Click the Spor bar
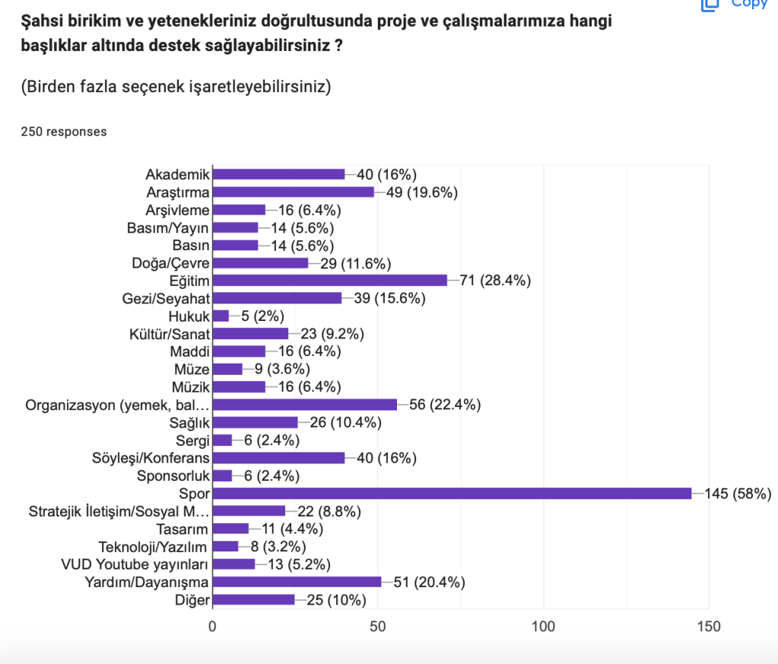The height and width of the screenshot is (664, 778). click(452, 494)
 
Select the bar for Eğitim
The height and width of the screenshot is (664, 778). click(330, 281)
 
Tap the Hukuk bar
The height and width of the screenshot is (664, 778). click(221, 316)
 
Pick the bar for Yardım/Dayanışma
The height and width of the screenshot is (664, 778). click(297, 582)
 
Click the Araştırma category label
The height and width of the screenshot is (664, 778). click(178, 192)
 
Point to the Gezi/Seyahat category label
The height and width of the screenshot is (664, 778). click(167, 298)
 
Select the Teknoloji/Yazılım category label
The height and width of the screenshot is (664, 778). click(154, 546)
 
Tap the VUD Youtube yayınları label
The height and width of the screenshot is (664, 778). click(135, 564)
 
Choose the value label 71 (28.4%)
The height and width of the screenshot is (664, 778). click(495, 281)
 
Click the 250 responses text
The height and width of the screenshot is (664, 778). click(64, 132)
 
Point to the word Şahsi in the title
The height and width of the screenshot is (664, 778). click(40, 21)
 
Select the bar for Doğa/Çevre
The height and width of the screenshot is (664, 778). click(260, 262)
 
